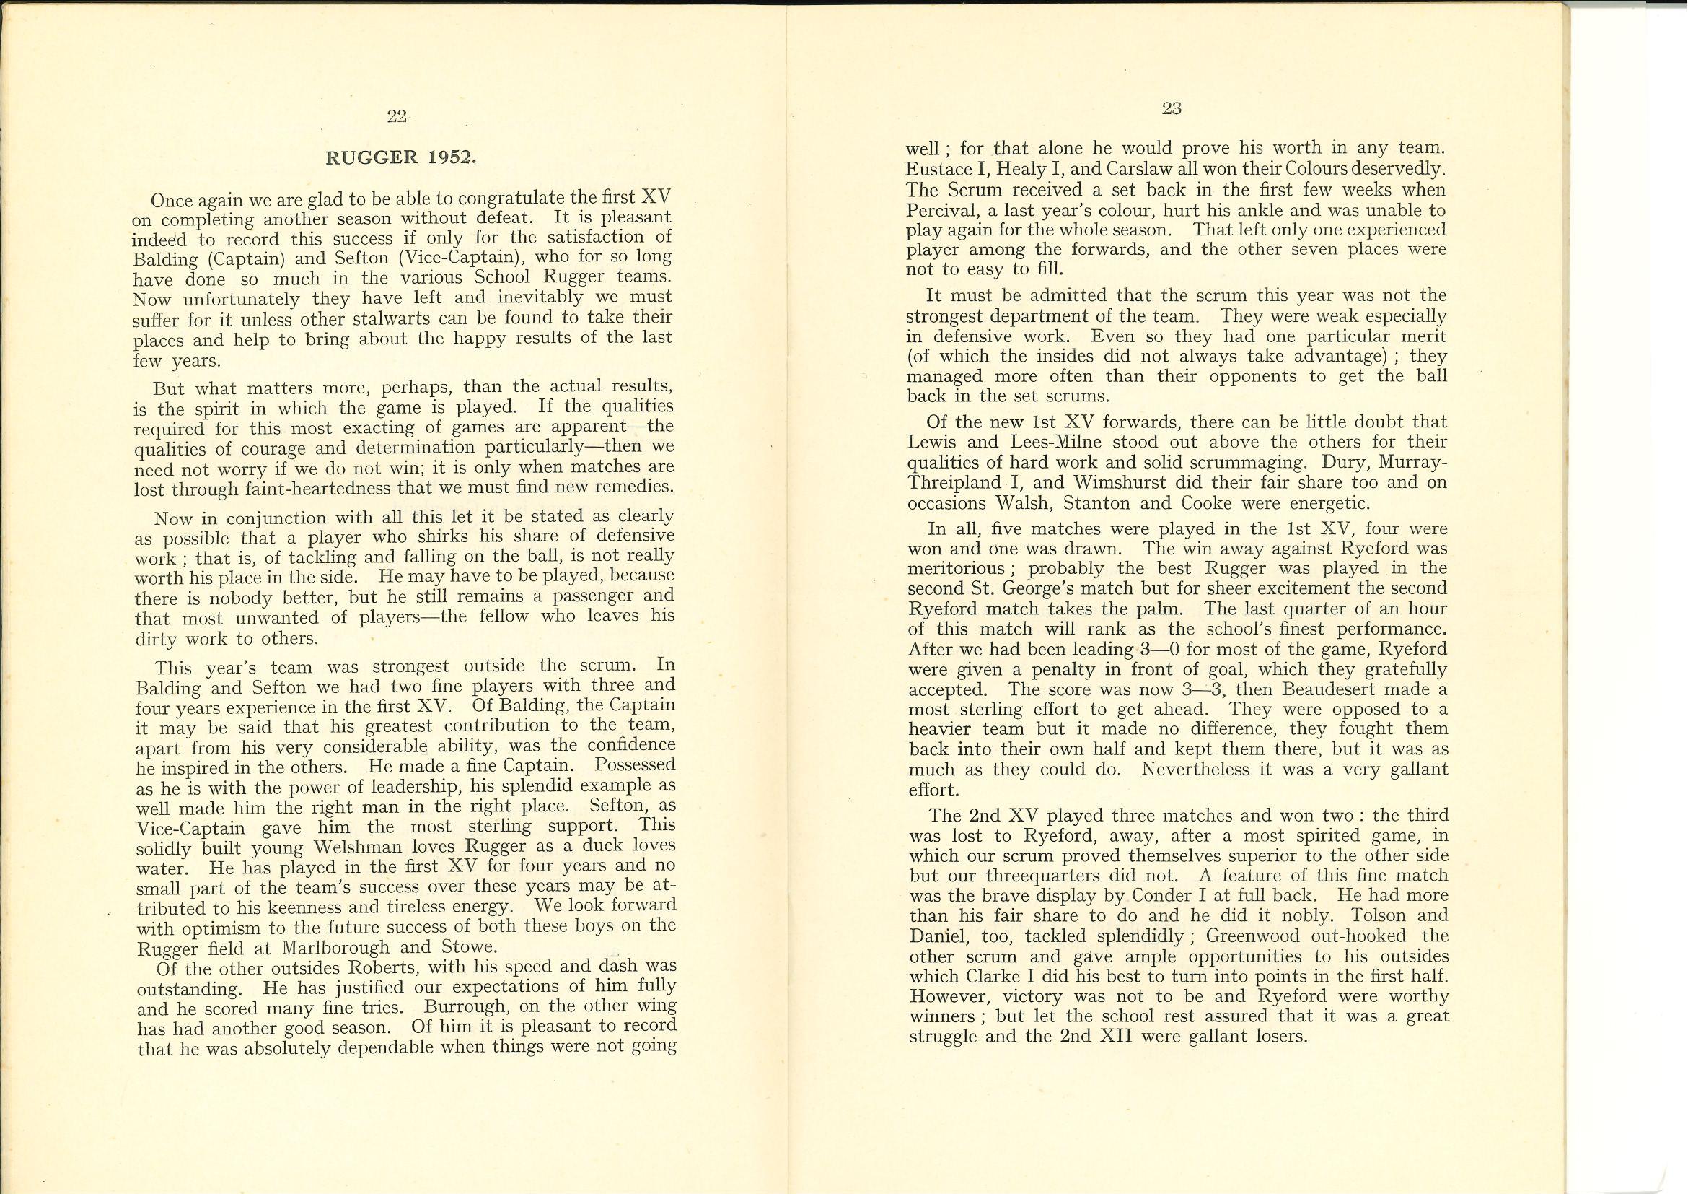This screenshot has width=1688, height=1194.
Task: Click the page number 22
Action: point(396,116)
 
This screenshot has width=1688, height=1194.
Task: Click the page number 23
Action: point(1172,108)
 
